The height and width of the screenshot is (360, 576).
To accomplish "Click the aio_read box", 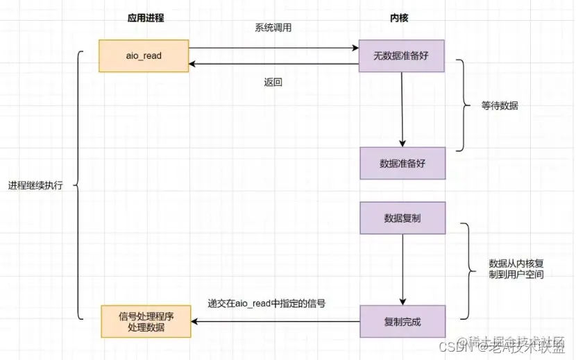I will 144,55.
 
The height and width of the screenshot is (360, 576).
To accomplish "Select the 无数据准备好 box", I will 401,55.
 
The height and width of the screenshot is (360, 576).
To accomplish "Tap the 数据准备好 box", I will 401,164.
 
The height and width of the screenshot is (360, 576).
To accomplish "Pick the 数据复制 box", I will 401,218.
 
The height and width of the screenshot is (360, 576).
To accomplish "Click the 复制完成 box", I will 401,322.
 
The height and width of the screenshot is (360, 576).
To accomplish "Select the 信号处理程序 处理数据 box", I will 146,321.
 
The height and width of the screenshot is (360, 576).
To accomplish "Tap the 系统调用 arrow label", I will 273,30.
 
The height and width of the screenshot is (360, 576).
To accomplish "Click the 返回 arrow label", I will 273,82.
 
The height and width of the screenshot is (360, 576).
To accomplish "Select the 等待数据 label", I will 500,106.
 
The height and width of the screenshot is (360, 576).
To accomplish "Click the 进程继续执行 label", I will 35,186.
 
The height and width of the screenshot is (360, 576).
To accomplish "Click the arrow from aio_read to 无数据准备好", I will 273,49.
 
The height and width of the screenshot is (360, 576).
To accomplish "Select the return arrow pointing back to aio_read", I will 273,65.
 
